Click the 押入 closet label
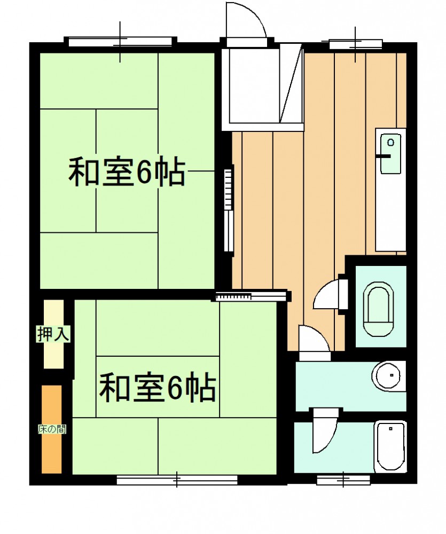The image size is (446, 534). pos(53,334)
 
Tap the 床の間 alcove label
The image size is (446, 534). pos(52,429)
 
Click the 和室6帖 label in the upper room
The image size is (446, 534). pos(127,172)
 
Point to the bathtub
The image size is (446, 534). pos(390,447)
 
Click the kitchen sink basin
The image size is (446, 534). pos(390,154)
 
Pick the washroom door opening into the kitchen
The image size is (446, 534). pos(314,339)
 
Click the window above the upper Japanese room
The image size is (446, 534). pos(120,42)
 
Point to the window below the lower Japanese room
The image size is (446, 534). pos(177,480)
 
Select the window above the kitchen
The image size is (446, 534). pos(355,44)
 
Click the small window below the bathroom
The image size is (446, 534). pos(343,480)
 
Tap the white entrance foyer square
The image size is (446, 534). pos(254,86)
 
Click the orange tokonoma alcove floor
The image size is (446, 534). pos(52,429)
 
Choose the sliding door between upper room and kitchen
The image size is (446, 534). pos(229,210)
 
